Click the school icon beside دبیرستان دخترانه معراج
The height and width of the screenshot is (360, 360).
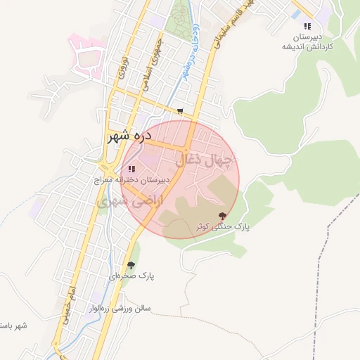131,169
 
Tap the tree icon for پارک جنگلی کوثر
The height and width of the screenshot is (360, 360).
222,216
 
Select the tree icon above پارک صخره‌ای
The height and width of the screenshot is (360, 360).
131,265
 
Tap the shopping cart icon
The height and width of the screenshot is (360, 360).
181,110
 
